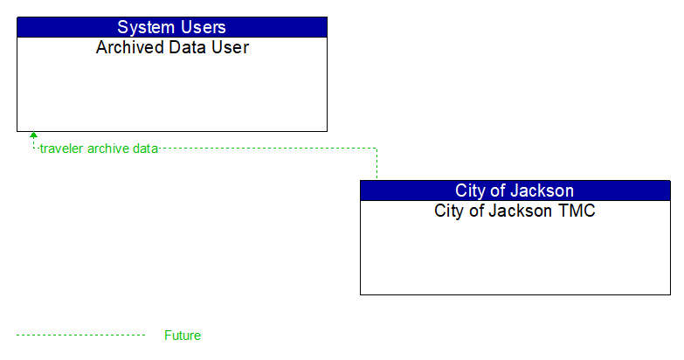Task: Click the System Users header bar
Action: click(x=172, y=27)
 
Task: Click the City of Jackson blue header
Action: click(x=515, y=190)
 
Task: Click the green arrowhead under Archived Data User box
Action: click(x=34, y=135)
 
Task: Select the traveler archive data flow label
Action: click(x=99, y=149)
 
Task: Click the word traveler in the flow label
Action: click(x=61, y=149)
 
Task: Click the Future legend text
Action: click(x=183, y=336)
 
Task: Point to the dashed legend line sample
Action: click(x=80, y=336)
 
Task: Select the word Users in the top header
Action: click(x=202, y=27)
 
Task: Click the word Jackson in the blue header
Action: click(x=542, y=190)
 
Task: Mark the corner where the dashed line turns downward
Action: click(x=377, y=149)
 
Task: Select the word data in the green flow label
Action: click(x=145, y=149)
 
